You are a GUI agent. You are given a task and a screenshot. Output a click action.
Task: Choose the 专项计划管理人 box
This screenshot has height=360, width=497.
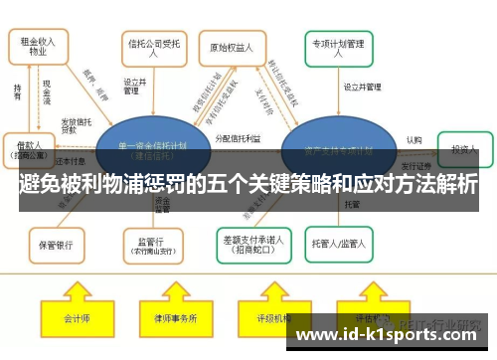[339, 47]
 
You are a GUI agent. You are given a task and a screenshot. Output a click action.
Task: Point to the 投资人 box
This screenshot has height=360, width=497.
[463, 148]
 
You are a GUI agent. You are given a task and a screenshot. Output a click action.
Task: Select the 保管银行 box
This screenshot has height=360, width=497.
[56, 242]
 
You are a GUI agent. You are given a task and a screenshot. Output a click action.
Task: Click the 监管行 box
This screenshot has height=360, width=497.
[151, 242]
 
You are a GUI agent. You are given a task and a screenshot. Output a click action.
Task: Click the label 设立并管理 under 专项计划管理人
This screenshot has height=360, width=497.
[363, 88]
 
